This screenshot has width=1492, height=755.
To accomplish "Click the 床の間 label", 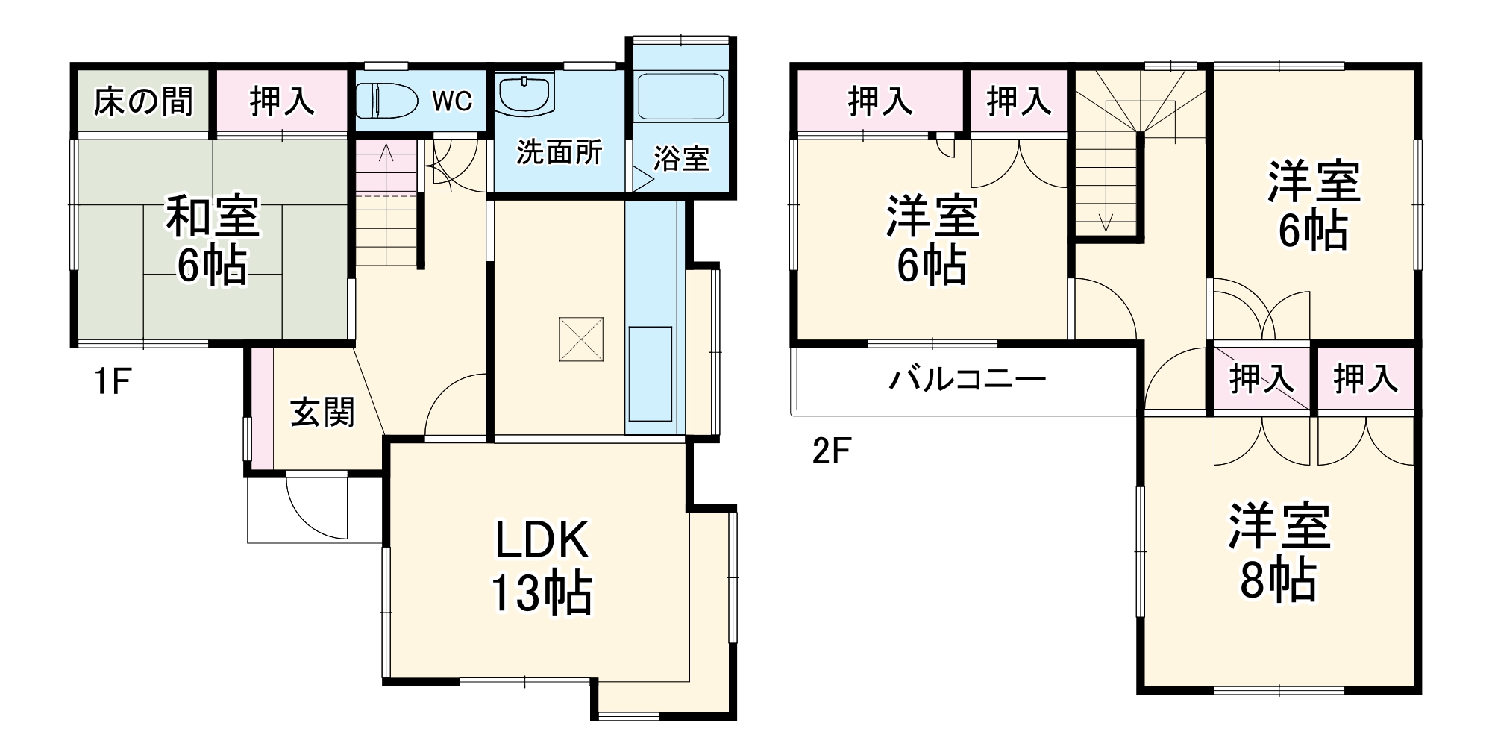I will click(x=143, y=101).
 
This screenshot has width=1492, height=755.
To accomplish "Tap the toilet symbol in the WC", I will click(x=386, y=101).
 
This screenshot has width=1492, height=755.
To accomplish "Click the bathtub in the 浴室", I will click(x=681, y=96).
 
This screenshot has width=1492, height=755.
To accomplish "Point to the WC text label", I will click(x=452, y=101).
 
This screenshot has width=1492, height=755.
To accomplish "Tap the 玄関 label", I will click(x=322, y=413).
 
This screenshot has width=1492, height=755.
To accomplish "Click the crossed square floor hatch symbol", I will click(x=581, y=339).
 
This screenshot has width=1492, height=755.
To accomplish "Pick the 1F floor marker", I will click(x=112, y=382).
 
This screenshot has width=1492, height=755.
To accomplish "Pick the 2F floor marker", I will click(x=831, y=451).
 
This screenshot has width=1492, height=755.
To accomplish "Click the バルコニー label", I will click(x=967, y=380).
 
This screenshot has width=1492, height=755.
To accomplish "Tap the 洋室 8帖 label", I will click(x=1279, y=552).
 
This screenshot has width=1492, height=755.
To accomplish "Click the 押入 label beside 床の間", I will click(x=282, y=101).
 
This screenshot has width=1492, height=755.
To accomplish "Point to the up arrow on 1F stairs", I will click(x=386, y=153).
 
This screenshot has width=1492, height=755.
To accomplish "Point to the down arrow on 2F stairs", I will click(x=1106, y=221).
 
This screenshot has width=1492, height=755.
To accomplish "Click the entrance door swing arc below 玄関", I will click(x=317, y=507).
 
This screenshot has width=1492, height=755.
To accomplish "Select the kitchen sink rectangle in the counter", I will click(x=651, y=374).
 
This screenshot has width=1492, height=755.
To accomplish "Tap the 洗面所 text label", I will click(x=559, y=152).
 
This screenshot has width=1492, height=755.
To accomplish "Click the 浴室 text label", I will click(x=681, y=158).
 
